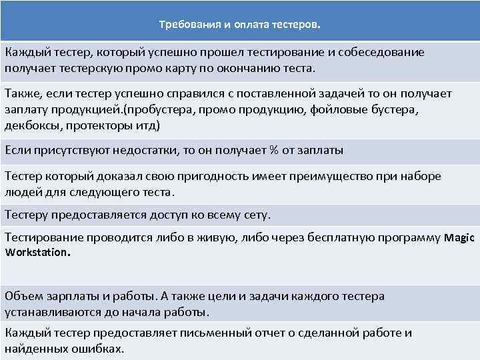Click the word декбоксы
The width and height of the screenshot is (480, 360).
point(30,125)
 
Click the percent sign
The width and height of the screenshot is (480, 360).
point(273,151)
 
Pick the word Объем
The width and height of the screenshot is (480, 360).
point(22,296)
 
